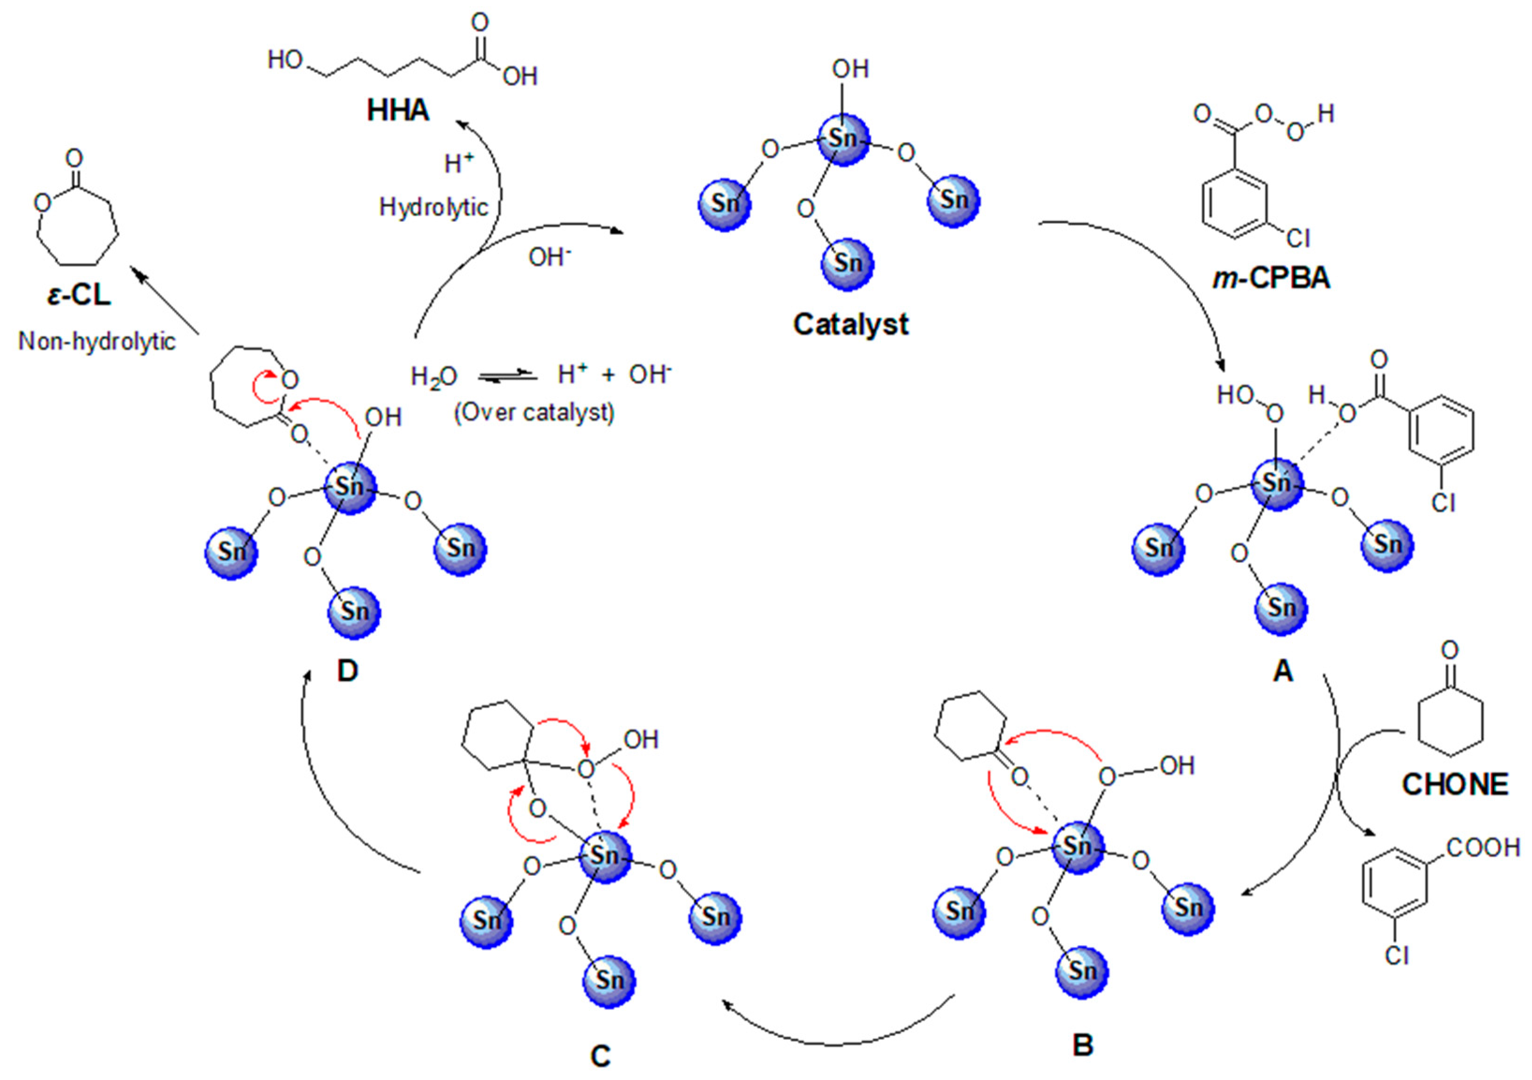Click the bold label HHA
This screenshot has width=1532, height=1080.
click(x=398, y=111)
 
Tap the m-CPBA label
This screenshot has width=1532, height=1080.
click(x=1271, y=277)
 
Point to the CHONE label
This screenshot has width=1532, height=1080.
click(x=1455, y=784)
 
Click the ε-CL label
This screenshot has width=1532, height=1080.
click(x=79, y=294)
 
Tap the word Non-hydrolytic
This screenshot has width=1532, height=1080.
click(x=97, y=342)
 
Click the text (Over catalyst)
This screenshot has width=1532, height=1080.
click(x=534, y=412)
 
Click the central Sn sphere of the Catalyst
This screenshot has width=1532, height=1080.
click(x=843, y=139)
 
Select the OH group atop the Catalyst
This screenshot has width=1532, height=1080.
click(x=850, y=69)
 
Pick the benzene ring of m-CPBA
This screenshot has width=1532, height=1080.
click(x=1234, y=204)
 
